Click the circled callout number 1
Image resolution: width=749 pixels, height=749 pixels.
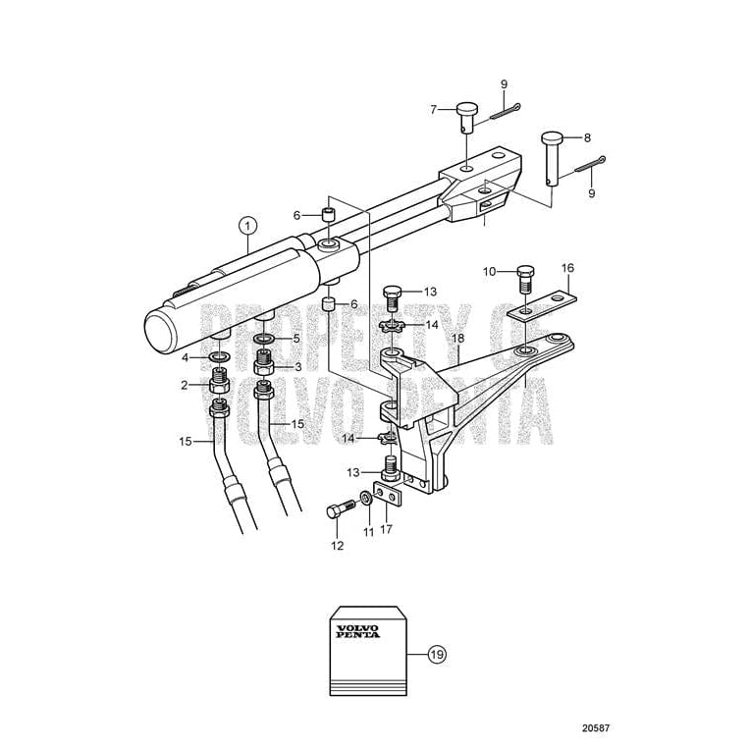[245, 225]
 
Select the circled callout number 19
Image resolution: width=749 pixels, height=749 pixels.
[437, 652]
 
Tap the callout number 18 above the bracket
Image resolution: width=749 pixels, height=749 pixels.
[456, 339]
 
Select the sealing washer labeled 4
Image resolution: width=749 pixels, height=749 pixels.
[220, 353]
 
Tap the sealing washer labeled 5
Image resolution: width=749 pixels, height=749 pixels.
[264, 340]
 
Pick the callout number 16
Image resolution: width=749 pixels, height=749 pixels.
[566, 267]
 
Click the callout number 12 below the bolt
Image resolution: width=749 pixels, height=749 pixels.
[337, 545]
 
